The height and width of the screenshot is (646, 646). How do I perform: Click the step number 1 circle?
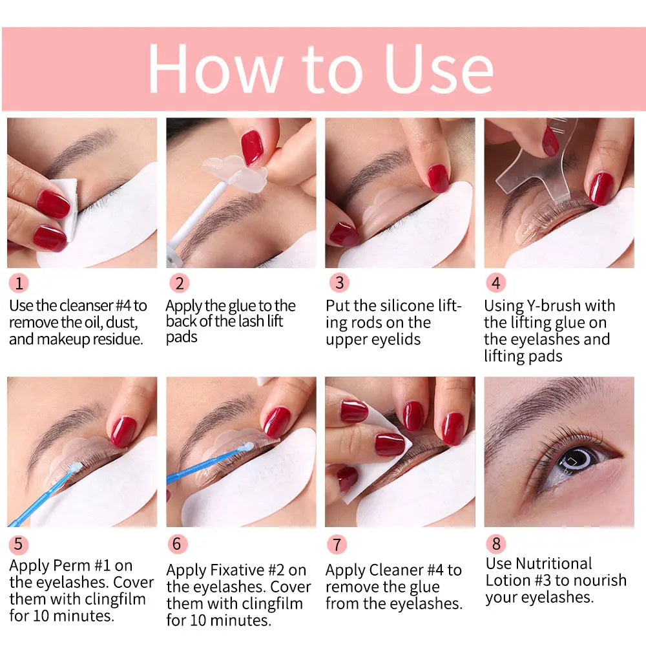coord(19,283)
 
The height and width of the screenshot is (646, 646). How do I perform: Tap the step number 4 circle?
coord(495,283)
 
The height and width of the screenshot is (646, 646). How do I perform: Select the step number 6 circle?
coord(177,544)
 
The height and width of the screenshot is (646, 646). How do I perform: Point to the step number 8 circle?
coord(495,544)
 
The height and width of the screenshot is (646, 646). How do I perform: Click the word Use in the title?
coord(439,69)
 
